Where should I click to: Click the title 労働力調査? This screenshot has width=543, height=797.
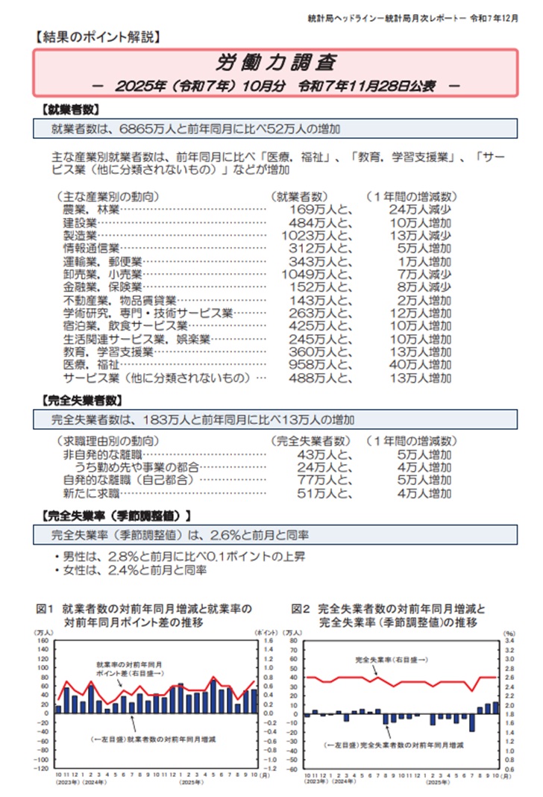point(275,61)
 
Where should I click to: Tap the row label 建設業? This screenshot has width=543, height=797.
point(81,222)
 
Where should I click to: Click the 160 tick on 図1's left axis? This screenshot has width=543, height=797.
point(42,640)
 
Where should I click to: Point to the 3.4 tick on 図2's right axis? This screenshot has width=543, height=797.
point(509,640)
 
